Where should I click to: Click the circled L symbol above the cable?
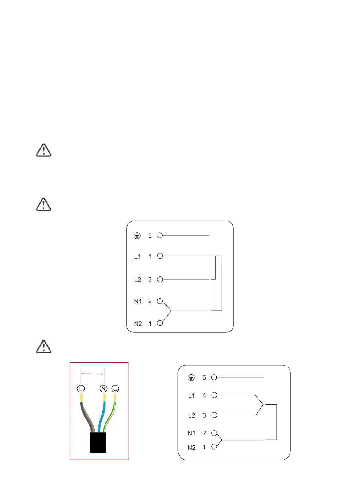81,389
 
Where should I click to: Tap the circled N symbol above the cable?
103,389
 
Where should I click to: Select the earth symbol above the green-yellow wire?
115,389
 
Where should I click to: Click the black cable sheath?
98,443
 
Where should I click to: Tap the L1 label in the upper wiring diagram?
138,257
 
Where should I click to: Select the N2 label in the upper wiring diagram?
138,324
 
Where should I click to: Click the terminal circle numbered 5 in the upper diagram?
160,235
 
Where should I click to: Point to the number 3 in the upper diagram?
150,280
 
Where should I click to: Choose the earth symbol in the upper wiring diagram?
137,236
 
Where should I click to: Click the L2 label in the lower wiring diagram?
192,415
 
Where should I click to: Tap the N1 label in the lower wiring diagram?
192,433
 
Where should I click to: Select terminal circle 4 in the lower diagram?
214,395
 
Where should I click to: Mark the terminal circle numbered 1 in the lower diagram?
214,447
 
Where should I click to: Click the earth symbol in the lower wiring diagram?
191,378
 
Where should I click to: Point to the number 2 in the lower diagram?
204,433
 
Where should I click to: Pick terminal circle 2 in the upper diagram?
160,301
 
